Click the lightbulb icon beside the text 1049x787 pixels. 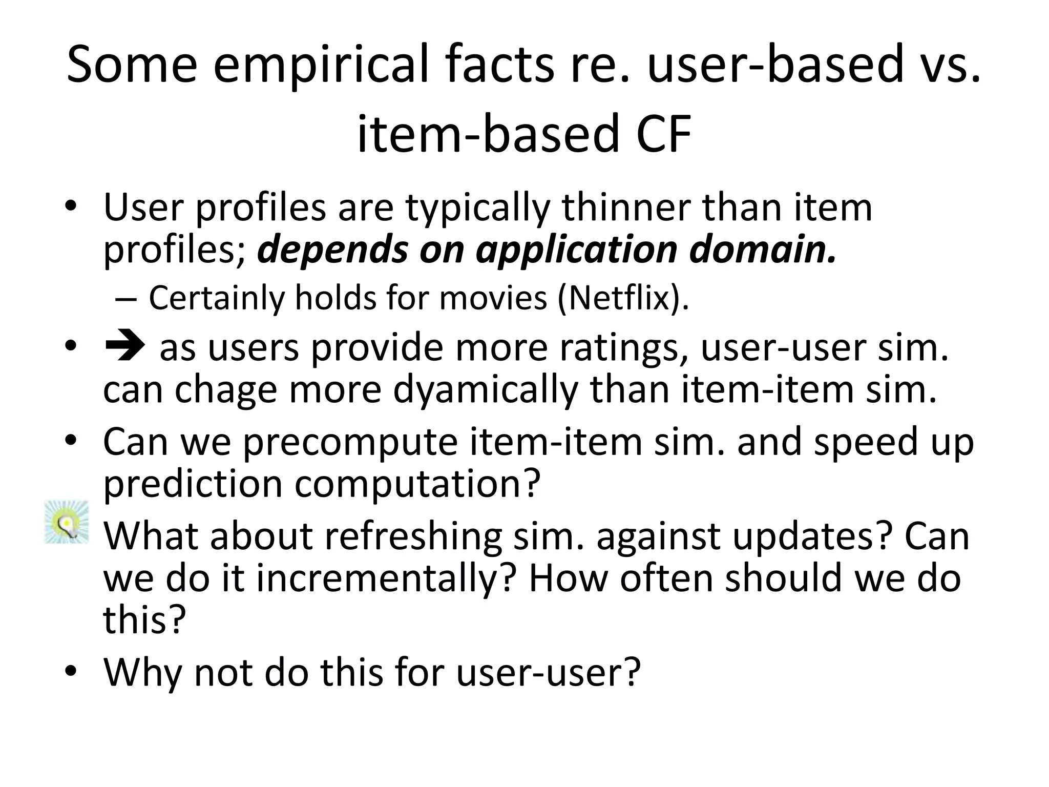coord(67,522)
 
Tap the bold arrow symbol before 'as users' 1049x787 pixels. coord(124,347)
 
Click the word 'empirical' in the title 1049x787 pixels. coord(320,64)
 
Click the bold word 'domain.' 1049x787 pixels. coord(762,250)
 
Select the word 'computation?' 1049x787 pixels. coord(417,484)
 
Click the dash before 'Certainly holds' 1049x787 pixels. coord(125,298)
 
